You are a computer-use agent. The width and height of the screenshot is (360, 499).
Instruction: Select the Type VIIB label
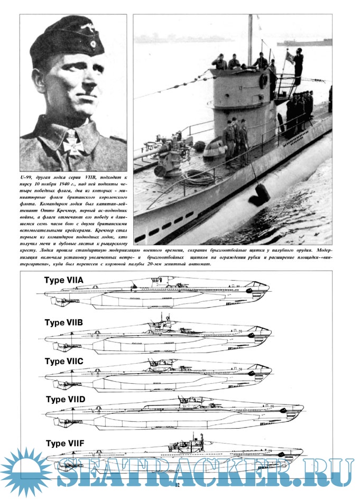64,322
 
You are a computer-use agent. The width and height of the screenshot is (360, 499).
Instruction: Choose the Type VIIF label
65,442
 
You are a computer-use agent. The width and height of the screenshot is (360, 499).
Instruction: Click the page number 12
178,484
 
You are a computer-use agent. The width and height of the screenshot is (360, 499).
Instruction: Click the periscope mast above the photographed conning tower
250,40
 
